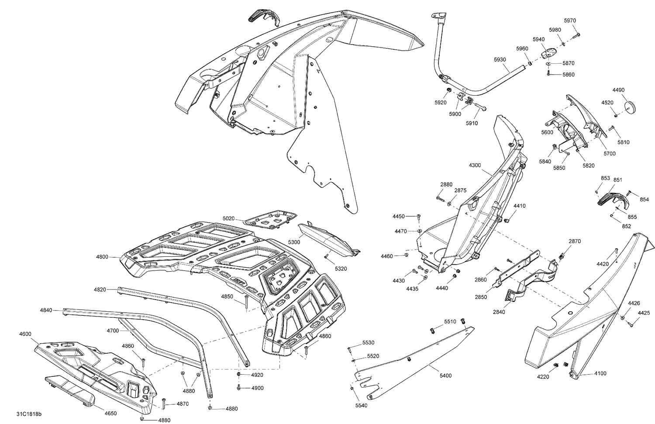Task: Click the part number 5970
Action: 570,21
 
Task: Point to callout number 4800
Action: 102,257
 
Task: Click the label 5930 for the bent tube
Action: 500,59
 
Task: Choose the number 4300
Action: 475,165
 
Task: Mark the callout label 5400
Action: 446,376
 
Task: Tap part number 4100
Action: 600,373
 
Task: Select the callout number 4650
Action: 110,413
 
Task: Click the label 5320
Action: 341,269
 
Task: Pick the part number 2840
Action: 499,312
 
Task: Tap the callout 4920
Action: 257,375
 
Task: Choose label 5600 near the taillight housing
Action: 547,132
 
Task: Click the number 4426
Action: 634,303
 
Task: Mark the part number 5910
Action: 472,123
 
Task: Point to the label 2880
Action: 446,184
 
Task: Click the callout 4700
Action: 113,331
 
